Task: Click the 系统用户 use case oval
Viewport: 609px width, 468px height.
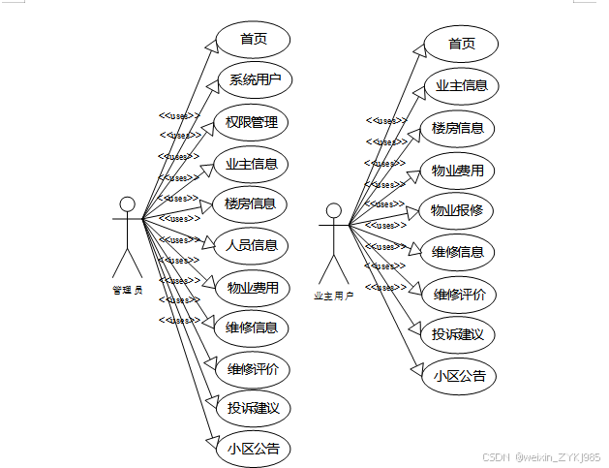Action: tap(254, 80)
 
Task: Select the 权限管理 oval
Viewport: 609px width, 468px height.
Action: tap(252, 122)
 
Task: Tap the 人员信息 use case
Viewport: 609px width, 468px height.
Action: tap(252, 245)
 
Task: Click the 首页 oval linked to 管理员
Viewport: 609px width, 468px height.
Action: tap(254, 39)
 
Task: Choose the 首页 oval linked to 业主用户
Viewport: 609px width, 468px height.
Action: tap(462, 44)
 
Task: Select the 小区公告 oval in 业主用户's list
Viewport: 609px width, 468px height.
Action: tap(458, 376)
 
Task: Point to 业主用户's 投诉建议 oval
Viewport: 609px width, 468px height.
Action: tap(458, 335)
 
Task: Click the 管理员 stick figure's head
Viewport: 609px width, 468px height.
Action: tap(127, 204)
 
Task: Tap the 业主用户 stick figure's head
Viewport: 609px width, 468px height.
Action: tap(334, 210)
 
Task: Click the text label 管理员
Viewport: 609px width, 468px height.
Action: tap(127, 290)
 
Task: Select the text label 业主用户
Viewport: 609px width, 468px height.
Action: tap(334, 296)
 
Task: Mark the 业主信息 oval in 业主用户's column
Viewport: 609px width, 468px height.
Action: tap(461, 85)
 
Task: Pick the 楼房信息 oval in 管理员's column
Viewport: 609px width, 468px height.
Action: tap(251, 203)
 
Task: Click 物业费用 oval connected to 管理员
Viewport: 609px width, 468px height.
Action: tap(253, 287)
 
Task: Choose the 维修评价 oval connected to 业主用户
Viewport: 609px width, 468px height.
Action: tap(459, 294)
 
